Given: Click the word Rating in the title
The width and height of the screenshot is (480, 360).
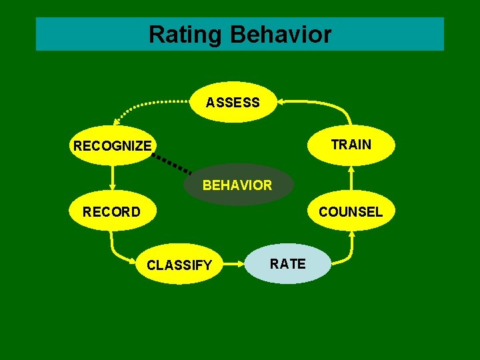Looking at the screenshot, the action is pyautogui.click(x=186, y=34).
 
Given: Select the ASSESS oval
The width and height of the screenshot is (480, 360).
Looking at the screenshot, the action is pyautogui.click(x=233, y=103).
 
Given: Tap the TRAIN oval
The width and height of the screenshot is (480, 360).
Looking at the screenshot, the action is pyautogui.click(x=351, y=145).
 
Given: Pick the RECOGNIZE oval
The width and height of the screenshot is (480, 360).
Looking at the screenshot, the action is pyautogui.click(x=112, y=145).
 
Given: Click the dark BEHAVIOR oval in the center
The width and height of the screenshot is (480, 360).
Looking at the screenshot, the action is pyautogui.click(x=237, y=185).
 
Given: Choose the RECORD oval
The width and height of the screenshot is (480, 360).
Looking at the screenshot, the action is pyautogui.click(x=111, y=212).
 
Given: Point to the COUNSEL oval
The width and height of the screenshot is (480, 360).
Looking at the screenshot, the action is pyautogui.click(x=351, y=212).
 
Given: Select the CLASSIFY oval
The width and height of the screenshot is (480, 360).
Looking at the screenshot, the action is pyautogui.click(x=179, y=265).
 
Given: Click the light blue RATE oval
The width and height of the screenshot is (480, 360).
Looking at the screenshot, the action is pyautogui.click(x=287, y=264).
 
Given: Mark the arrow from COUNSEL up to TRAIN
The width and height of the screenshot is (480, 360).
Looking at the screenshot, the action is pyautogui.click(x=351, y=179).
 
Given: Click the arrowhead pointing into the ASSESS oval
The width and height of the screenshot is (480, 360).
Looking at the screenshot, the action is pyautogui.click(x=281, y=101).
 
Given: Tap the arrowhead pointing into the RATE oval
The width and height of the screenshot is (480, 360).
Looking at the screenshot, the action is pyautogui.click(x=242, y=265).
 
